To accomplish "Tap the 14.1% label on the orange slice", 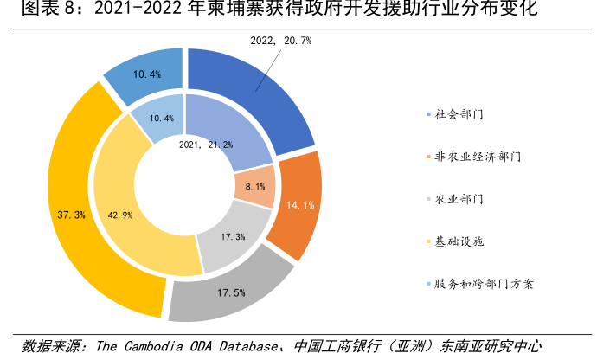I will coord(299,205).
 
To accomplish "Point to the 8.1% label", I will coord(255,185).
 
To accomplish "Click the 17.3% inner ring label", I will coord(233,236).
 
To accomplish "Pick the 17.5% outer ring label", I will coord(229,292).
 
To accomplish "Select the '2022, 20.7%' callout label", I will coord(280,41).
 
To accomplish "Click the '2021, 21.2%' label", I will coord(206,145).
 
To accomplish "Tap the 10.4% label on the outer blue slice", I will coord(147,74).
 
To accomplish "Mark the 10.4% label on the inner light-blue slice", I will coord(162,118).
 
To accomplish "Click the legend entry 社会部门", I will coord(458,114).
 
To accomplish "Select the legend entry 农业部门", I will coord(458,199).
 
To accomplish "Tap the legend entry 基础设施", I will coord(458,241).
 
